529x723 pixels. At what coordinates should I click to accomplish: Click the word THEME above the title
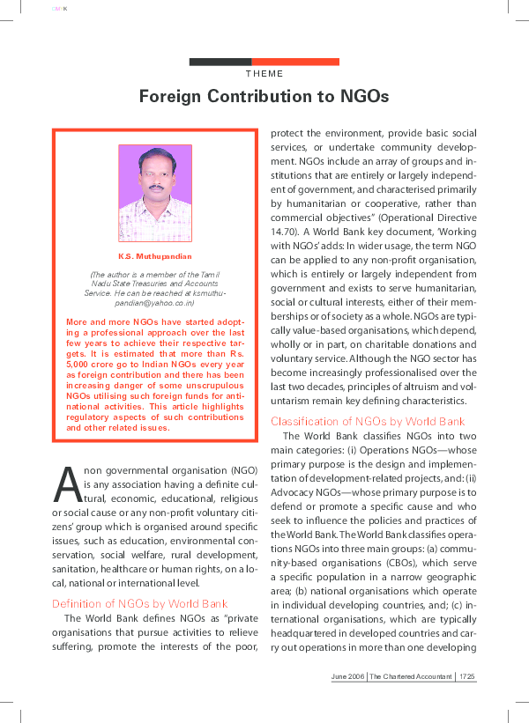click(264, 74)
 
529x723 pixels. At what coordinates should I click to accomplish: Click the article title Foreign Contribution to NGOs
click(264, 95)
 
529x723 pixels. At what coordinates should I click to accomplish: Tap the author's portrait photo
click(155, 194)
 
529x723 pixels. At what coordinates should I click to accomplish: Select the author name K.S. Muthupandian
click(155, 256)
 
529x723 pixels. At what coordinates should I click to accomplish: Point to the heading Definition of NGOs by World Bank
click(139, 603)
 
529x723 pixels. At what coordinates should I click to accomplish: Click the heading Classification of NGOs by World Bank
click(368, 421)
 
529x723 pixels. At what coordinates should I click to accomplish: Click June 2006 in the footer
click(347, 675)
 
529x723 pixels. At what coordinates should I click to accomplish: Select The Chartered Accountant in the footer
click(411, 675)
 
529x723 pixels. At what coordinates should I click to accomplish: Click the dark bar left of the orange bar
click(220, 62)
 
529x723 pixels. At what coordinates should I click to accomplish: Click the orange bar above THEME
click(295, 62)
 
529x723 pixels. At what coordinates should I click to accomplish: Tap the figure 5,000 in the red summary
click(83, 362)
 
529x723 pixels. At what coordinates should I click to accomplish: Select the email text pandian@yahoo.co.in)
click(155, 302)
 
